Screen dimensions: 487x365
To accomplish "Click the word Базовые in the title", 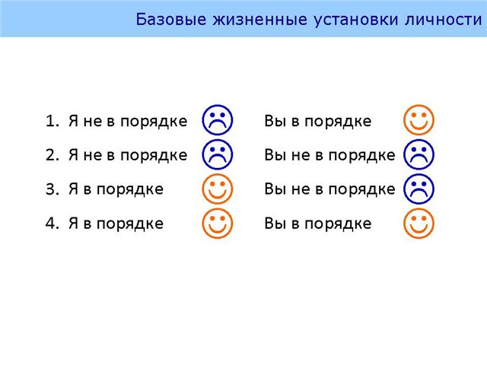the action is click(170, 19).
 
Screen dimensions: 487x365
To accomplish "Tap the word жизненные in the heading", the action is click(260, 19).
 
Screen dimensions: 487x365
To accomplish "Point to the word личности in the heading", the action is click(443, 20).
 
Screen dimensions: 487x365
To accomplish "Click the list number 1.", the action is click(52, 121).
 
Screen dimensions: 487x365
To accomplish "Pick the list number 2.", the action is click(52, 155).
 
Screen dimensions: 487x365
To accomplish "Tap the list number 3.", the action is click(52, 189).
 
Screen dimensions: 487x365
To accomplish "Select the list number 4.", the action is click(52, 223).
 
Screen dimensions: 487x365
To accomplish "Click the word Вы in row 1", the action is click(275, 121).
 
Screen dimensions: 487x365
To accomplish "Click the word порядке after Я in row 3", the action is click(130, 190).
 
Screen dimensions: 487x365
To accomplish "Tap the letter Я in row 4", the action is click(73, 224).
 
